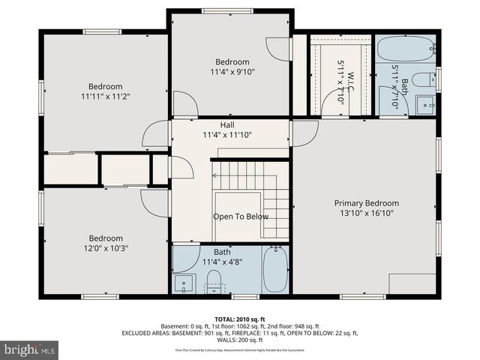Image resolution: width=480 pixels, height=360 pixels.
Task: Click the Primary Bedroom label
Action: [x=366, y=203]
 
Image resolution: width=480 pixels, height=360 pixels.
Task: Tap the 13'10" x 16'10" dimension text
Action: [x=366, y=213]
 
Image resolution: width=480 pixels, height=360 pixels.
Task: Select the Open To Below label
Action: [x=241, y=217]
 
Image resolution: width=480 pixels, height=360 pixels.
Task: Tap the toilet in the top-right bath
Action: [x=424, y=79]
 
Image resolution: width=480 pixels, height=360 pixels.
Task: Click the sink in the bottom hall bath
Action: [x=184, y=283]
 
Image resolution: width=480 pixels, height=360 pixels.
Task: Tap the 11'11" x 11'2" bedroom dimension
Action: [x=105, y=97]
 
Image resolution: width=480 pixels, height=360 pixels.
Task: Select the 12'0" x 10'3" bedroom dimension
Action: [x=105, y=249]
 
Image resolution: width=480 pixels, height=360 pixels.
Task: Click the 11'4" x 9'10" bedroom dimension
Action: [x=232, y=73]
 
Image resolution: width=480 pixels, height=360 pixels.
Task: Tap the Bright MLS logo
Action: [x=30, y=349]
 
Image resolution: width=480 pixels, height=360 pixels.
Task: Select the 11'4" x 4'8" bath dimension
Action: [x=222, y=262]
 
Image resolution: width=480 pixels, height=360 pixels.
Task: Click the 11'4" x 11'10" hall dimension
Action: [x=227, y=135]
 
